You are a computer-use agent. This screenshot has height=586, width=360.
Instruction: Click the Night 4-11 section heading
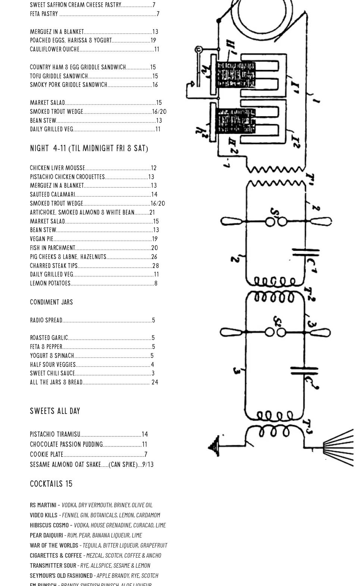[x=89, y=149]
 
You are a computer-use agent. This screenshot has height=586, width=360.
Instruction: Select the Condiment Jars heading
[x=51, y=302]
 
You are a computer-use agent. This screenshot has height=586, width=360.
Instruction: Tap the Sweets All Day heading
[x=55, y=411]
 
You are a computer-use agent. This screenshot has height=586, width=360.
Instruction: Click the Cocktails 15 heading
[x=51, y=484]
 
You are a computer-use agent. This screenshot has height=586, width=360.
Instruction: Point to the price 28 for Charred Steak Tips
[x=156, y=266]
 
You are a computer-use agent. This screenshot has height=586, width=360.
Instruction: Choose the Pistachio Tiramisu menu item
[x=55, y=434]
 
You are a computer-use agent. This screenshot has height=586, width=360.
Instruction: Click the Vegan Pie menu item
[x=42, y=239]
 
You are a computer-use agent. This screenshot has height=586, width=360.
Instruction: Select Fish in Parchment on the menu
[x=53, y=248]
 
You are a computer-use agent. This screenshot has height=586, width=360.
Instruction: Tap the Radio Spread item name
[x=46, y=320]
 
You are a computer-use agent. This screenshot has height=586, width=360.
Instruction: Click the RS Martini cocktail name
[x=43, y=505]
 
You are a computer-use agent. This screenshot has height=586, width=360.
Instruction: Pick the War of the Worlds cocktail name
[x=54, y=545]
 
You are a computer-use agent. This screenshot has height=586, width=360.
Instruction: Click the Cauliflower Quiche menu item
[x=54, y=49]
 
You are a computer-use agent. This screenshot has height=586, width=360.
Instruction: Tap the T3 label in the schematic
[x=308, y=427]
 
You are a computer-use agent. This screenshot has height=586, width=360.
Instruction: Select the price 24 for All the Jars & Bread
[x=155, y=382]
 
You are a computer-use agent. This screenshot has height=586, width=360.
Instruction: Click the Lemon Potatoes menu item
[x=50, y=283]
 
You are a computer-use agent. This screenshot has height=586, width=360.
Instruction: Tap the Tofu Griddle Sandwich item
[x=59, y=76]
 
